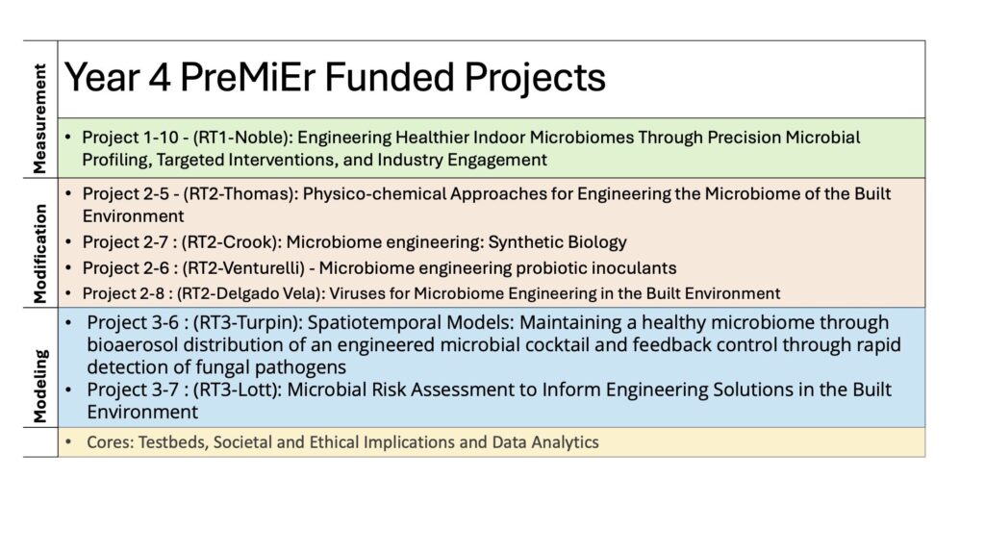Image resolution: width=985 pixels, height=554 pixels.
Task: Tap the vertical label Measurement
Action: click(x=39, y=118)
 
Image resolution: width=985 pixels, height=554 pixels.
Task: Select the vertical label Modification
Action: click(x=39, y=254)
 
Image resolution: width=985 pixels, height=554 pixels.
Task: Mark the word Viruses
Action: click(x=352, y=293)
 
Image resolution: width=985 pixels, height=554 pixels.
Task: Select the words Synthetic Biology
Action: click(x=558, y=242)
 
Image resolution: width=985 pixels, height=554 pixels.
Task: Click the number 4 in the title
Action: click(x=160, y=77)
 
